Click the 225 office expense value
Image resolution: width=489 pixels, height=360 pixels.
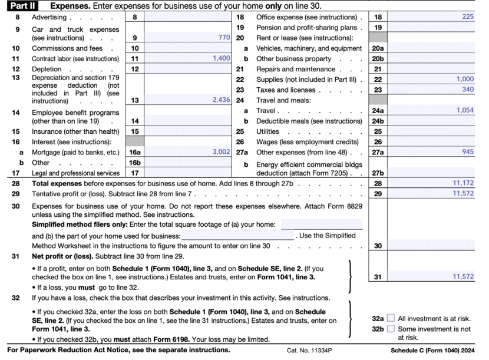pyautogui.click(x=467, y=17)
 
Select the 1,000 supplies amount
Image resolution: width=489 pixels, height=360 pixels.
pyautogui.click(x=464, y=79)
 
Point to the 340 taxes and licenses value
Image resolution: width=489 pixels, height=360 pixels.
pyautogui.click(x=467, y=90)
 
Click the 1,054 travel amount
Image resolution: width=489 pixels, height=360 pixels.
pyautogui.click(x=464, y=110)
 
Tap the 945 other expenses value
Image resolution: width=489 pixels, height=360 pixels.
pyautogui.click(x=467, y=151)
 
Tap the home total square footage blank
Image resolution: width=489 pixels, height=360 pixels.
pyautogui.click(x=322, y=224)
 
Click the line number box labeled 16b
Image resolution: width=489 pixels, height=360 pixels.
pyautogui.click(x=135, y=162)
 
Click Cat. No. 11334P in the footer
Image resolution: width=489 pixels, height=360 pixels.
pyautogui.click(x=310, y=350)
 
